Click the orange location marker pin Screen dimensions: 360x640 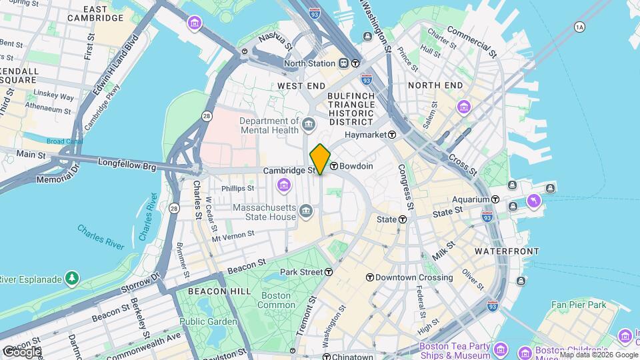(x=320, y=159)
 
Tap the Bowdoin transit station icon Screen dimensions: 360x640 (x=333, y=166)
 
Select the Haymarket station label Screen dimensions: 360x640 (x=365, y=135)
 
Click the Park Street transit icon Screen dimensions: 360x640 (x=329, y=272)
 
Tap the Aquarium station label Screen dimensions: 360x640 (x=471, y=199)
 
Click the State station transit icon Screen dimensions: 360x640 (x=403, y=219)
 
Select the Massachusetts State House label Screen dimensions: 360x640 (x=264, y=212)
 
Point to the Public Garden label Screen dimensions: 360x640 (x=208, y=321)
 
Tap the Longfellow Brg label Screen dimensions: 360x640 (x=127, y=162)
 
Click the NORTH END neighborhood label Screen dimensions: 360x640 (x=435, y=85)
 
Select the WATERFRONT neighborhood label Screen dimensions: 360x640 (x=507, y=251)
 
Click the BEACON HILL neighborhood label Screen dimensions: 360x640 (x=210, y=291)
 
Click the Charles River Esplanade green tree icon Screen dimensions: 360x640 (x=71, y=278)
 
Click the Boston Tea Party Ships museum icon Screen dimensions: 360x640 (x=501, y=351)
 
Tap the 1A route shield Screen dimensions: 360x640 (x=579, y=27)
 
